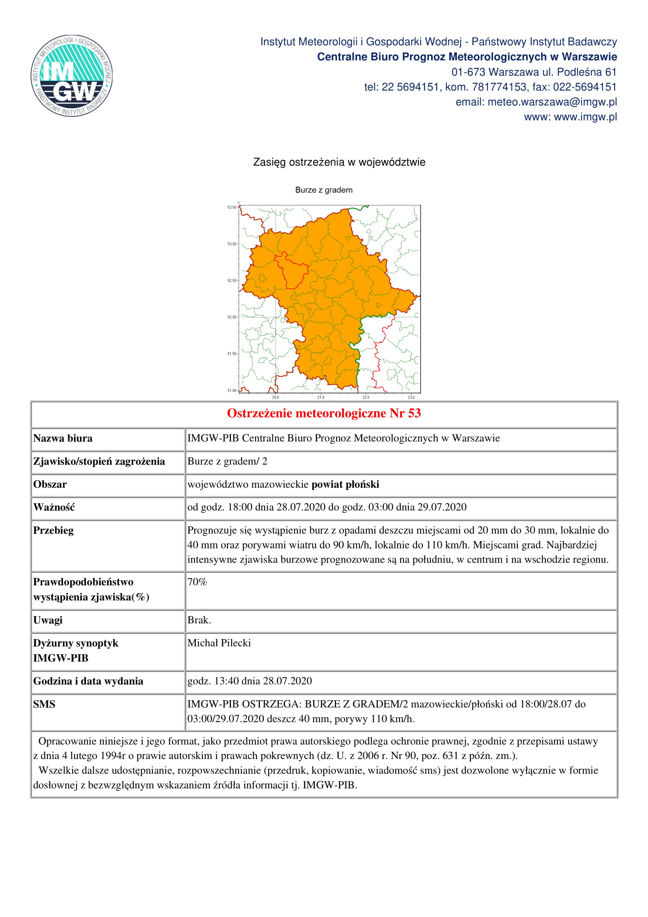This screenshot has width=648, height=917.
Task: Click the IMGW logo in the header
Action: [72, 76]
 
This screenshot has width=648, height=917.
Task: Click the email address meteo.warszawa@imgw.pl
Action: [552, 102]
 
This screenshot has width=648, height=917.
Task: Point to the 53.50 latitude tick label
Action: [232, 207]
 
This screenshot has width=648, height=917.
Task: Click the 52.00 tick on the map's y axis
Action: [232, 317]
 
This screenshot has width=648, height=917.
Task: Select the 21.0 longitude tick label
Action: [321, 398]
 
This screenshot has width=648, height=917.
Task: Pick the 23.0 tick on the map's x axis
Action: [411, 398]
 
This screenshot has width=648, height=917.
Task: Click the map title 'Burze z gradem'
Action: [324, 190]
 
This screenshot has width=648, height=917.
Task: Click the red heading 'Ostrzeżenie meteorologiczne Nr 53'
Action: [324, 413]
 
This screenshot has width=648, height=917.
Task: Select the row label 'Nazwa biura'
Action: [63, 439]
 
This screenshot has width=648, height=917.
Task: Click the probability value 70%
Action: [197, 582]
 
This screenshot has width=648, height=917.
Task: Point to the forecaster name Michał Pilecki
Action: [219, 643]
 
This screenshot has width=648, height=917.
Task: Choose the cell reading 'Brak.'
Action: [199, 620]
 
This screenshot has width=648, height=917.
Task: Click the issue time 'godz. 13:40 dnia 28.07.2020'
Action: [250, 681]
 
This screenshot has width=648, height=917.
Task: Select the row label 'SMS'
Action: [44, 704]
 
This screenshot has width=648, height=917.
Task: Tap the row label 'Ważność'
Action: [54, 507]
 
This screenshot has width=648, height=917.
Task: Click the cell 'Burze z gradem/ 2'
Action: [227, 461]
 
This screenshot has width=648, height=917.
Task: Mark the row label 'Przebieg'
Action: [53, 530]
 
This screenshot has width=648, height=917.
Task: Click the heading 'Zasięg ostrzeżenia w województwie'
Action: [339, 162]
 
